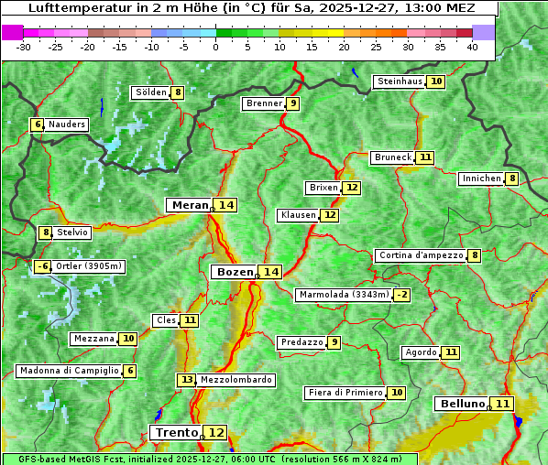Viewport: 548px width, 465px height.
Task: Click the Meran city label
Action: (189, 205)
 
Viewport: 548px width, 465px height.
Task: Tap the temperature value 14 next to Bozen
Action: (270, 272)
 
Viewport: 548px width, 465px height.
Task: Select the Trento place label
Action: (176, 432)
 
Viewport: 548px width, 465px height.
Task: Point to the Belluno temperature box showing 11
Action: (502, 404)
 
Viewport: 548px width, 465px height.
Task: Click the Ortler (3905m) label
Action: (88, 266)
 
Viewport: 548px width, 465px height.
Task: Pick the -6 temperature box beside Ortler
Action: (42, 266)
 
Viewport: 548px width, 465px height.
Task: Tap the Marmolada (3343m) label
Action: (344, 295)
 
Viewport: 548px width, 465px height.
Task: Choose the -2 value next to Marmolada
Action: (401, 295)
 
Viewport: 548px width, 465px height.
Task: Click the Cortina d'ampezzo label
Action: (420, 255)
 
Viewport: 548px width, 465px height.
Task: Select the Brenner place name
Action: (264, 103)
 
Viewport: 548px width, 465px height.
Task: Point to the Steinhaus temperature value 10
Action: (436, 81)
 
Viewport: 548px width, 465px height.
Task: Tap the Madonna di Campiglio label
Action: (68, 371)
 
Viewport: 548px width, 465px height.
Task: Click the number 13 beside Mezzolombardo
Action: (186, 379)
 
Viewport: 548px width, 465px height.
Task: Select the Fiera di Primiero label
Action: (345, 393)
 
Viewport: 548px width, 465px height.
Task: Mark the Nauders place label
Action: (66, 124)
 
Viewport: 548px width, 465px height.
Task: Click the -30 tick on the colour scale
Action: (24, 46)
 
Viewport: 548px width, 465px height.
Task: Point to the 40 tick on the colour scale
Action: (472, 46)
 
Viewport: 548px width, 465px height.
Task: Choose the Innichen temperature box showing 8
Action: (512, 178)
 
